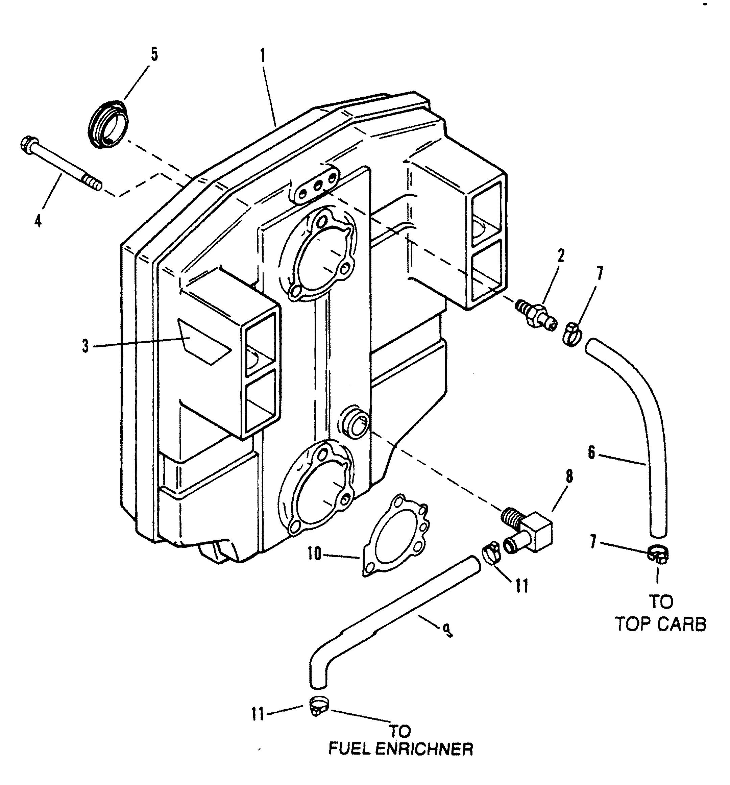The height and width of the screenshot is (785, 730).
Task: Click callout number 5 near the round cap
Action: click(x=154, y=54)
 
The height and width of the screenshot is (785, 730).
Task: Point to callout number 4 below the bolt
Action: click(x=38, y=221)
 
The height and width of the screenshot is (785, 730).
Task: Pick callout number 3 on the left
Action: click(x=85, y=347)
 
